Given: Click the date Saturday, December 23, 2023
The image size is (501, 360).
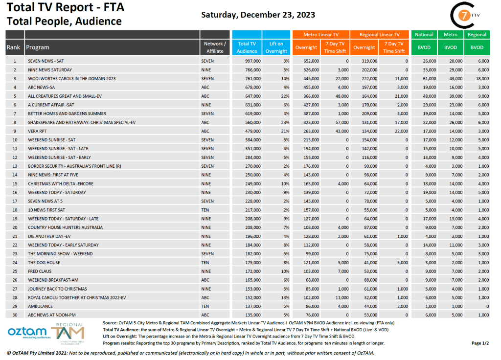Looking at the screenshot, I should coord(258,15).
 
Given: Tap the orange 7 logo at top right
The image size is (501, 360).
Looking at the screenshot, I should coord(461,16).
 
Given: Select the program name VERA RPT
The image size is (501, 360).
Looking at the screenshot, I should coord(37,131).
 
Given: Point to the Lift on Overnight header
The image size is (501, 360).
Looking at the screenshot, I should coord(276,47).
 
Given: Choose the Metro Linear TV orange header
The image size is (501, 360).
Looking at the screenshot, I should coord(320,35).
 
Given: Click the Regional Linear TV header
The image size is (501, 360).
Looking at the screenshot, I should coord(380,35).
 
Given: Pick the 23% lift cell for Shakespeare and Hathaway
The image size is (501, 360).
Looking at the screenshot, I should coord(284,122).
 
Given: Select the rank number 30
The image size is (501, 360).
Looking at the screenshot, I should coord(15,315).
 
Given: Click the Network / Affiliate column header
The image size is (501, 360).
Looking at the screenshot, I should coord(214,47).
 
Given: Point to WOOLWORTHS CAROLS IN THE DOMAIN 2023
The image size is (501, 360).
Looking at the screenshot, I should coord(71,78).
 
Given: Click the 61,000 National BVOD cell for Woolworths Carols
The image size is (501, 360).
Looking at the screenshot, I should coord(429,78).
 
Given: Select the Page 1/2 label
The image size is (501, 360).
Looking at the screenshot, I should coord(479,343).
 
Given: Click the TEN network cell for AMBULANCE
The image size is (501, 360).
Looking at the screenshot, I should coord(205,306).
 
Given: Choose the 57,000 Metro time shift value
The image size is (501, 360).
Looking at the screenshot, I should coord(341,122).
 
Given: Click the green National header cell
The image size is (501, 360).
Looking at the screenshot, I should coord(424,35).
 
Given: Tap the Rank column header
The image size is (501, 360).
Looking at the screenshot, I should coord(14,47).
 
